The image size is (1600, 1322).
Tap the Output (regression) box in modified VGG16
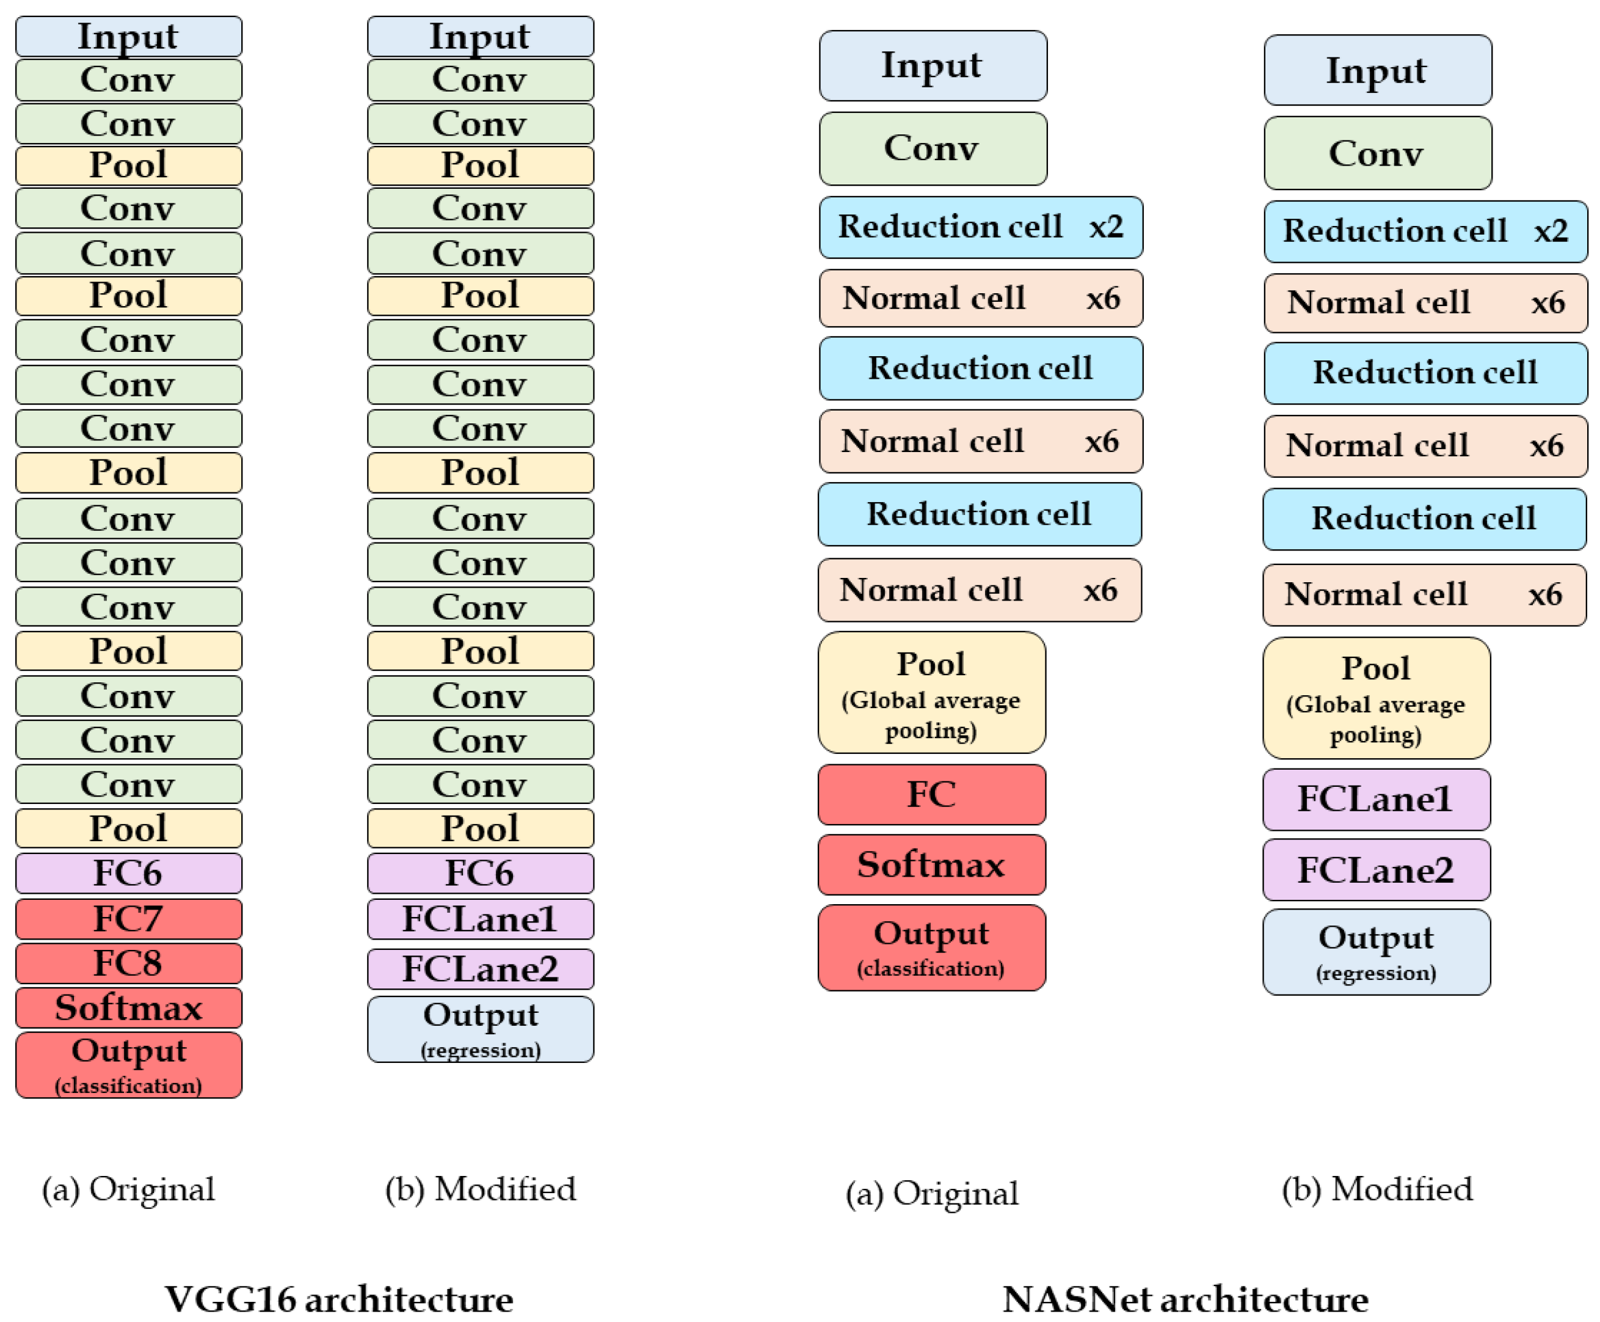click(479, 1029)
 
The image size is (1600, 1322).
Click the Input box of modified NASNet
click(1377, 70)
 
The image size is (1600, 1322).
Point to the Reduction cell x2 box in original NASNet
click(980, 227)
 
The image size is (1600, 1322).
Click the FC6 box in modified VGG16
click(479, 873)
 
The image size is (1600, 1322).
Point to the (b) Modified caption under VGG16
click(480, 1189)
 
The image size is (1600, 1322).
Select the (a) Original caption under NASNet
click(932, 1193)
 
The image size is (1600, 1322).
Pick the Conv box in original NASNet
click(933, 148)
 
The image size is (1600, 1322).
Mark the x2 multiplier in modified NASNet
click(1551, 231)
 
